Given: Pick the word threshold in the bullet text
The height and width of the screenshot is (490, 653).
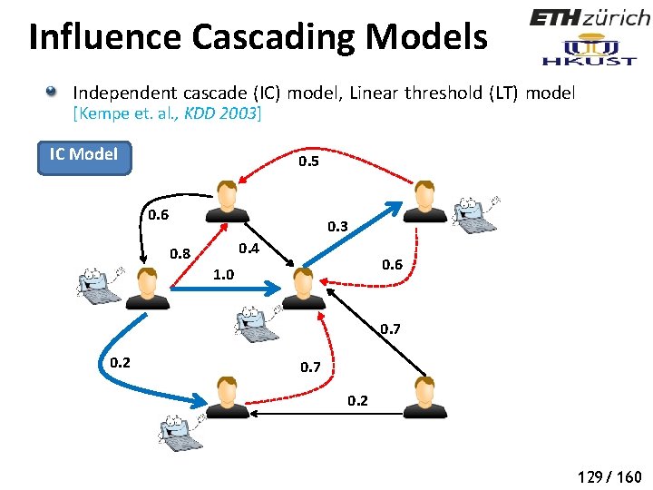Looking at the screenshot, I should pos(482,93).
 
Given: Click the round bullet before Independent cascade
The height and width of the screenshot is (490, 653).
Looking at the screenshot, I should pos(54,93).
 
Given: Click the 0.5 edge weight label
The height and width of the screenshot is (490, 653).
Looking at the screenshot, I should pos(308,162).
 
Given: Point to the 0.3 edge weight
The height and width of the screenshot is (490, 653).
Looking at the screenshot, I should pos(337,225).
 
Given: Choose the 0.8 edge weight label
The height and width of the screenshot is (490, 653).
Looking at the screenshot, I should pos(180,253).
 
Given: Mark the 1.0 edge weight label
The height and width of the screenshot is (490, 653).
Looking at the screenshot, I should pos(222,274).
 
